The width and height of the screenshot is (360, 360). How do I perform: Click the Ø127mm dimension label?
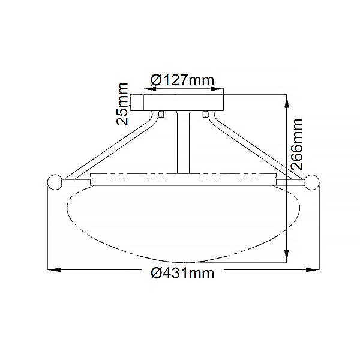[182, 80]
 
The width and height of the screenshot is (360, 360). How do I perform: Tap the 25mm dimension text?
[122, 104]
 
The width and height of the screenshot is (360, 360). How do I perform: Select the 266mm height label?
[296, 144]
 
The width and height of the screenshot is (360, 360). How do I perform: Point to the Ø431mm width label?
[182, 273]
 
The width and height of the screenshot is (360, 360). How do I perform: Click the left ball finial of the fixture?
[55, 182]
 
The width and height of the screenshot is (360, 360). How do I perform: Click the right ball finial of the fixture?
[312, 182]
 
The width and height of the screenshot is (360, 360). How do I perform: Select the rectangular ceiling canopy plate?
[183, 103]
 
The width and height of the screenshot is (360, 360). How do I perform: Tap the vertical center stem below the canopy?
[183, 142]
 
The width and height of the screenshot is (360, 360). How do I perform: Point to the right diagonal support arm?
[257, 145]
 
